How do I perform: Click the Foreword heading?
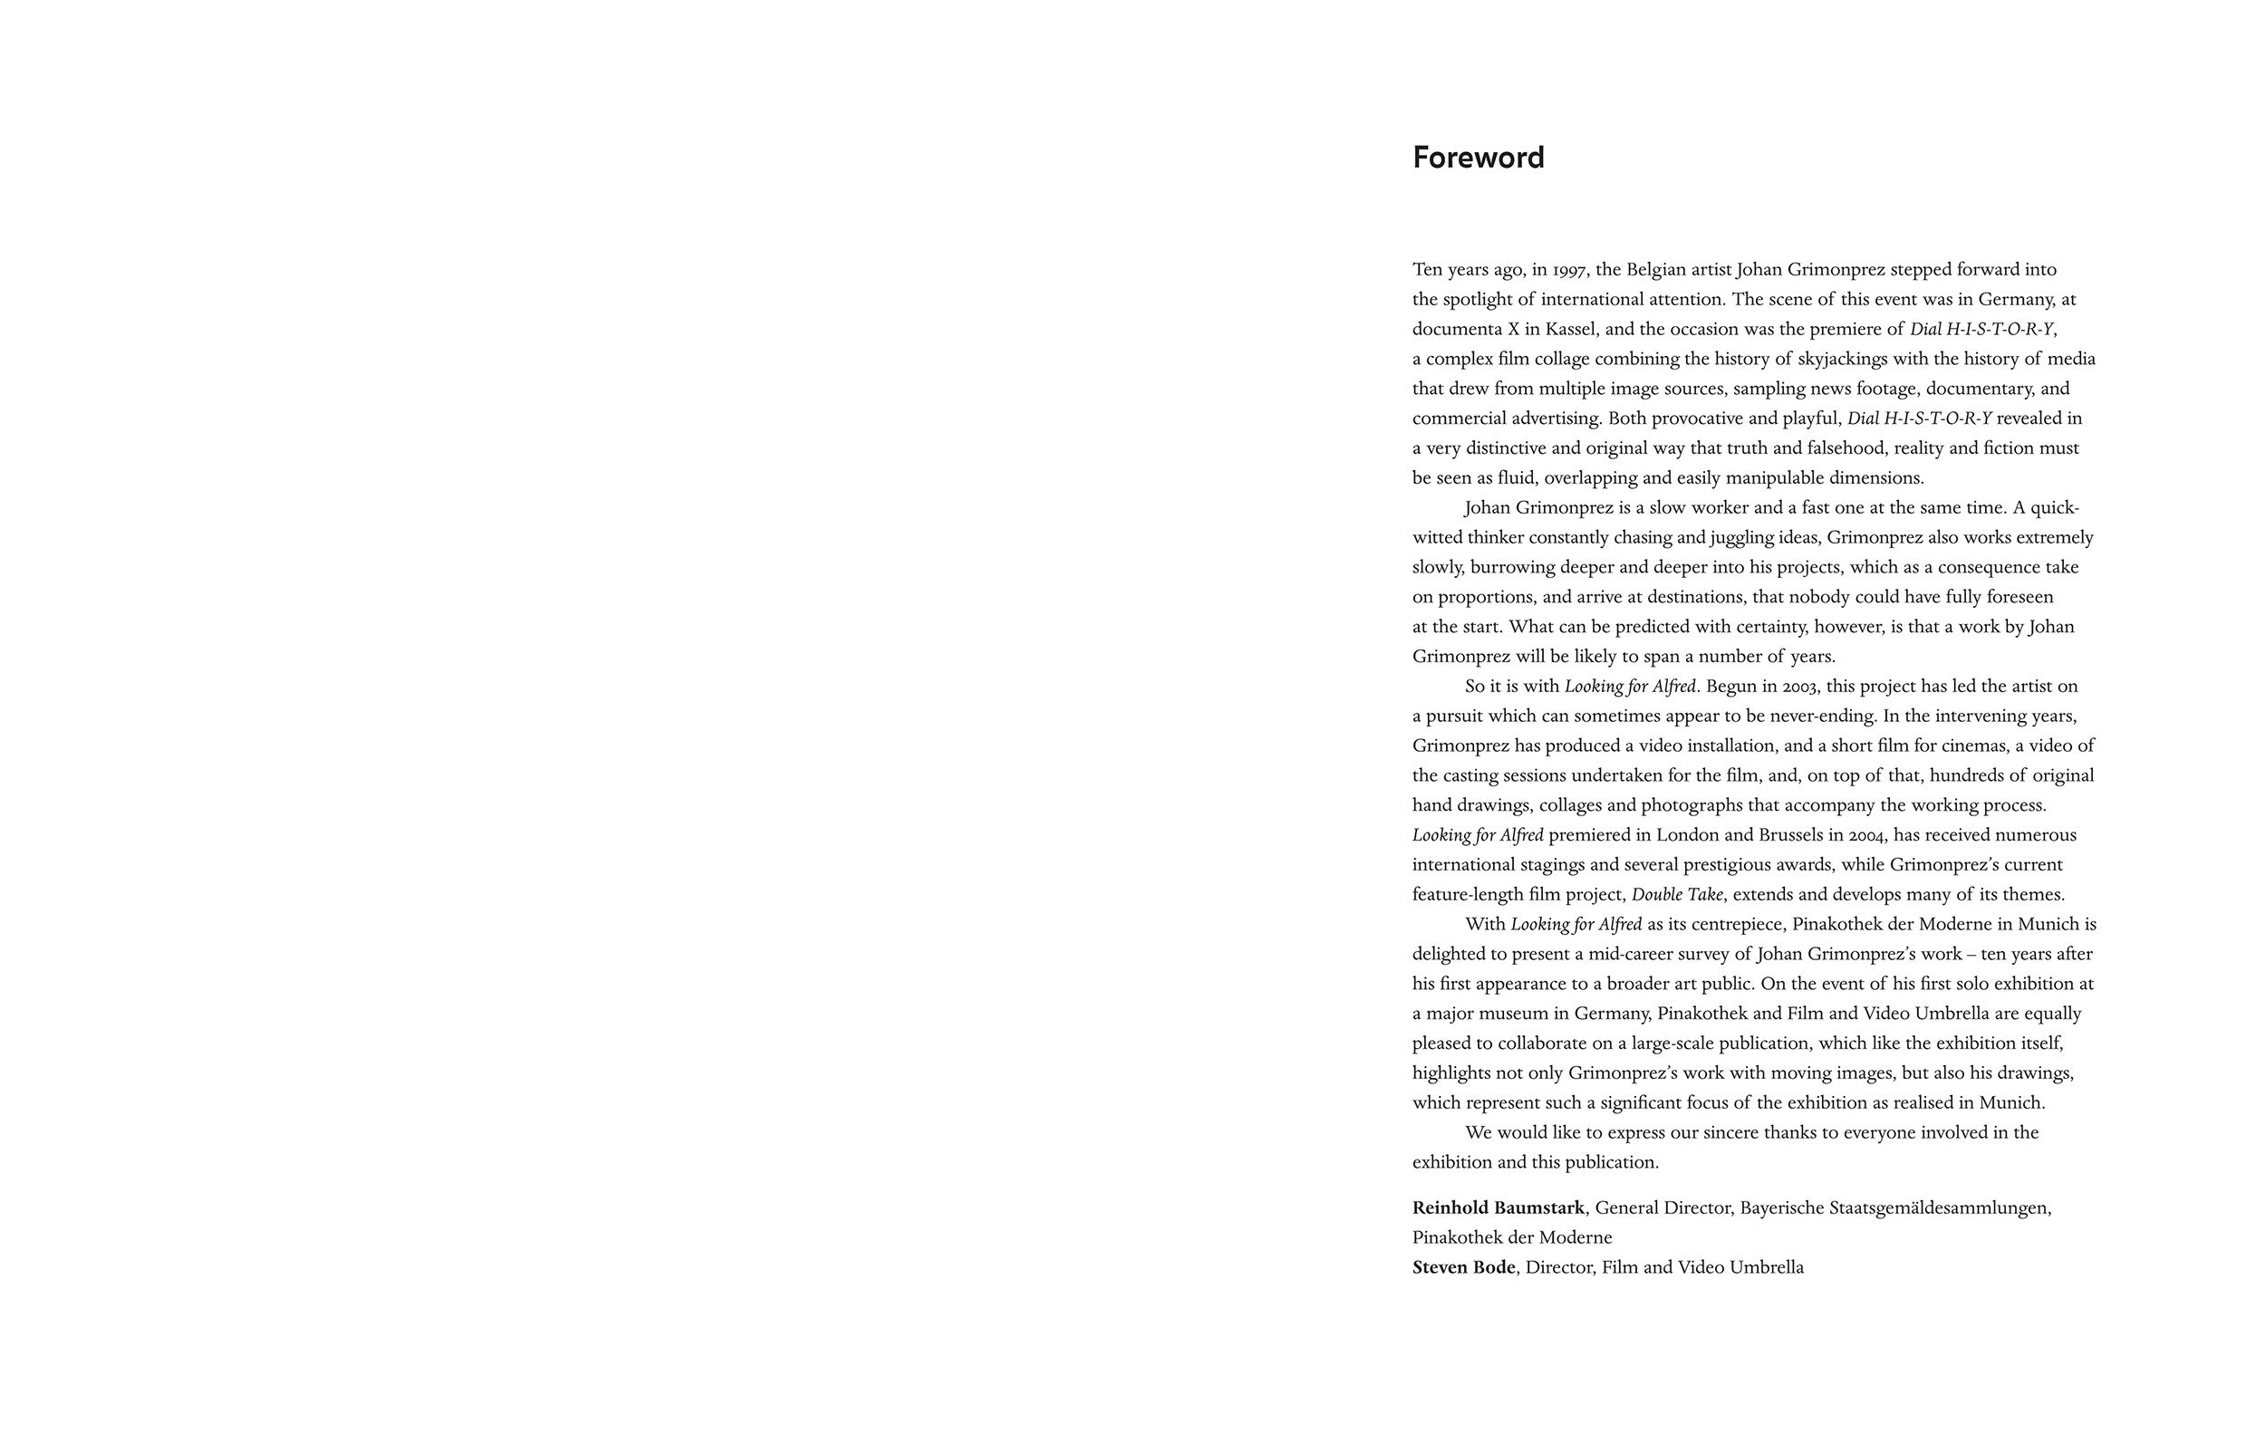pos(1478,158)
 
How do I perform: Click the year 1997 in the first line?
pos(1570,271)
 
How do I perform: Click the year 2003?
pos(1800,687)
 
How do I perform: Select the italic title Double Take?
pos(1676,895)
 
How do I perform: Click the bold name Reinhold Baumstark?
pos(1499,1207)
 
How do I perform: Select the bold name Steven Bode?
pos(1463,1268)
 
